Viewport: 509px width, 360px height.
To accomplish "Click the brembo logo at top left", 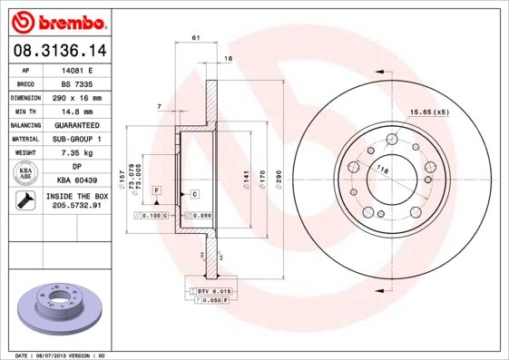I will tap(56, 19).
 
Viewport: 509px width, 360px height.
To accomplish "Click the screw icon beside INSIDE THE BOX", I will tap(25, 201).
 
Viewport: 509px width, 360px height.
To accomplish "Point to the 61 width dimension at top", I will tap(196, 37).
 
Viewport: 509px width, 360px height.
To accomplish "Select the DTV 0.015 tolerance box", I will tap(210, 289).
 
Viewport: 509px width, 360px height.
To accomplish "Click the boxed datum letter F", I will tap(156, 190).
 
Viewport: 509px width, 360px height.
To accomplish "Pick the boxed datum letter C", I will tap(194, 194).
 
